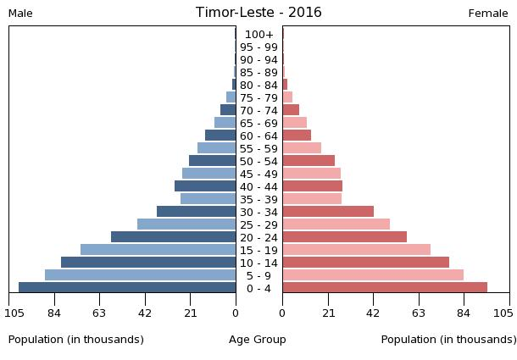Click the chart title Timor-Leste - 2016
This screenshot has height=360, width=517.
pos(258,13)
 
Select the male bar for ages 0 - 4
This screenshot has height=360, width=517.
pos(127,288)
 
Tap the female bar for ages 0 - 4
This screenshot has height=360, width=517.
pos(385,288)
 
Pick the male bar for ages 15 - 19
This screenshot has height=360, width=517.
pos(158,250)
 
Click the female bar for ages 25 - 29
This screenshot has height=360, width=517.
pos(336,224)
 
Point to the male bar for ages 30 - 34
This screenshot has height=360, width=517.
pos(196,212)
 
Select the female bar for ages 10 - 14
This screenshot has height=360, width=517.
pos(365,263)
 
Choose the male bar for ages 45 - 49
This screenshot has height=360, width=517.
pos(208,174)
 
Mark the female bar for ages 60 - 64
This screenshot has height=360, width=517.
pos(297,136)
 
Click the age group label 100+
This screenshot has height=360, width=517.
pos(258,35)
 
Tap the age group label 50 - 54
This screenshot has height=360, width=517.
pos(258,161)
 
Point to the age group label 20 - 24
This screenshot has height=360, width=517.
pos(258,237)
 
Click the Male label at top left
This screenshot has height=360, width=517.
pos(20,14)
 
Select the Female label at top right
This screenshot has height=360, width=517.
pos(488,14)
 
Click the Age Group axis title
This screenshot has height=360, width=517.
pos(258,340)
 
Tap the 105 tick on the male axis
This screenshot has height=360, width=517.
pos(14,314)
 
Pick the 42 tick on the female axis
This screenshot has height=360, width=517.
pos(373,314)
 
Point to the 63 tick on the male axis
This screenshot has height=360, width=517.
pos(99,314)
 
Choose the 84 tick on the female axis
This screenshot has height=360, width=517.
pos(464,314)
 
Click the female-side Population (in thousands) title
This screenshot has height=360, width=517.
pos(448,340)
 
